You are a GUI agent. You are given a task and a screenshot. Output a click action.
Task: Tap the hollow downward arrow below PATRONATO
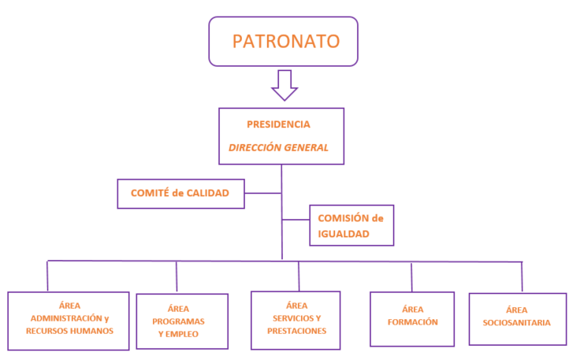pos(284,84)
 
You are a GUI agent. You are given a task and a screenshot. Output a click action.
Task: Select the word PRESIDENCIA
pos(278,124)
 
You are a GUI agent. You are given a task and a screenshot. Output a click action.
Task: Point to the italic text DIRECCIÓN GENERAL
pos(278,147)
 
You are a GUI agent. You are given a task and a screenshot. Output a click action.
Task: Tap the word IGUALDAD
pos(344,233)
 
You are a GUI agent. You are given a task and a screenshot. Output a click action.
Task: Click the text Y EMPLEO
pos(178,334)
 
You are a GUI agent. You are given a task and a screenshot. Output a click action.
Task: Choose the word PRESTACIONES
pos(296,331)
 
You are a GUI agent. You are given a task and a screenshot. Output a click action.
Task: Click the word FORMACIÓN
pos(412,321)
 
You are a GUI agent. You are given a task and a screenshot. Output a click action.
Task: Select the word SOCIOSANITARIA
pos(517,321)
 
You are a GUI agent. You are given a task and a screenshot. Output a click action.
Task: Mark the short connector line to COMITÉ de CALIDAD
pos(262,192)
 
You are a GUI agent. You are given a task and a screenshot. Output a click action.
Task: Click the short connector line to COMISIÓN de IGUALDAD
pos(294,218)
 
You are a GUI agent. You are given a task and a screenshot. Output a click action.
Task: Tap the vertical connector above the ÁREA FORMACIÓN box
pos(411,276)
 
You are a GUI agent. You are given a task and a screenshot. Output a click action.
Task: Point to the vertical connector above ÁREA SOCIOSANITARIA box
pos(522,276)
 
